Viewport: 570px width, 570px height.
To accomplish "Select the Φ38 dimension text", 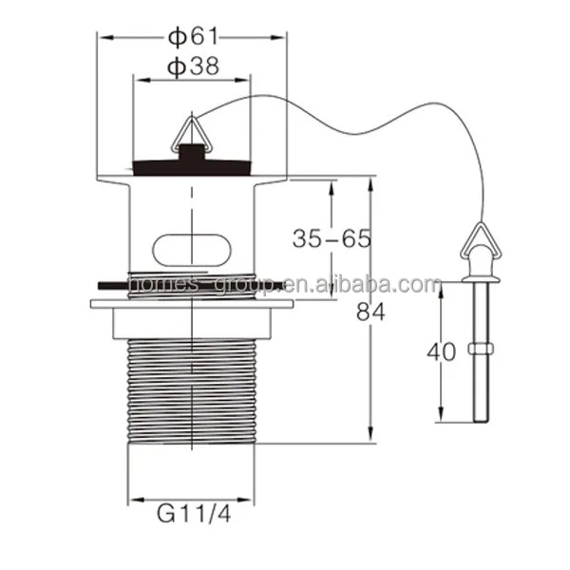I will point(193,66).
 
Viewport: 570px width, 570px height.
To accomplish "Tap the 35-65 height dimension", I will point(331,238).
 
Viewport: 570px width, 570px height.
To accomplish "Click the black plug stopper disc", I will point(192,167).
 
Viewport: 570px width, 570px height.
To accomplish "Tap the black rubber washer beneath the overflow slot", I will point(142,283).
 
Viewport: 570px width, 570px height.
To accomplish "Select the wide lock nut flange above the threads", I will point(191,306).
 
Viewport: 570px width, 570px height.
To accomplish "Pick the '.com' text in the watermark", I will point(419,285).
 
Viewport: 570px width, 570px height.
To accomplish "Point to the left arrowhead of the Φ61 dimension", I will point(104,38).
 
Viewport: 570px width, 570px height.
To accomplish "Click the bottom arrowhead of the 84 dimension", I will point(370,438).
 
